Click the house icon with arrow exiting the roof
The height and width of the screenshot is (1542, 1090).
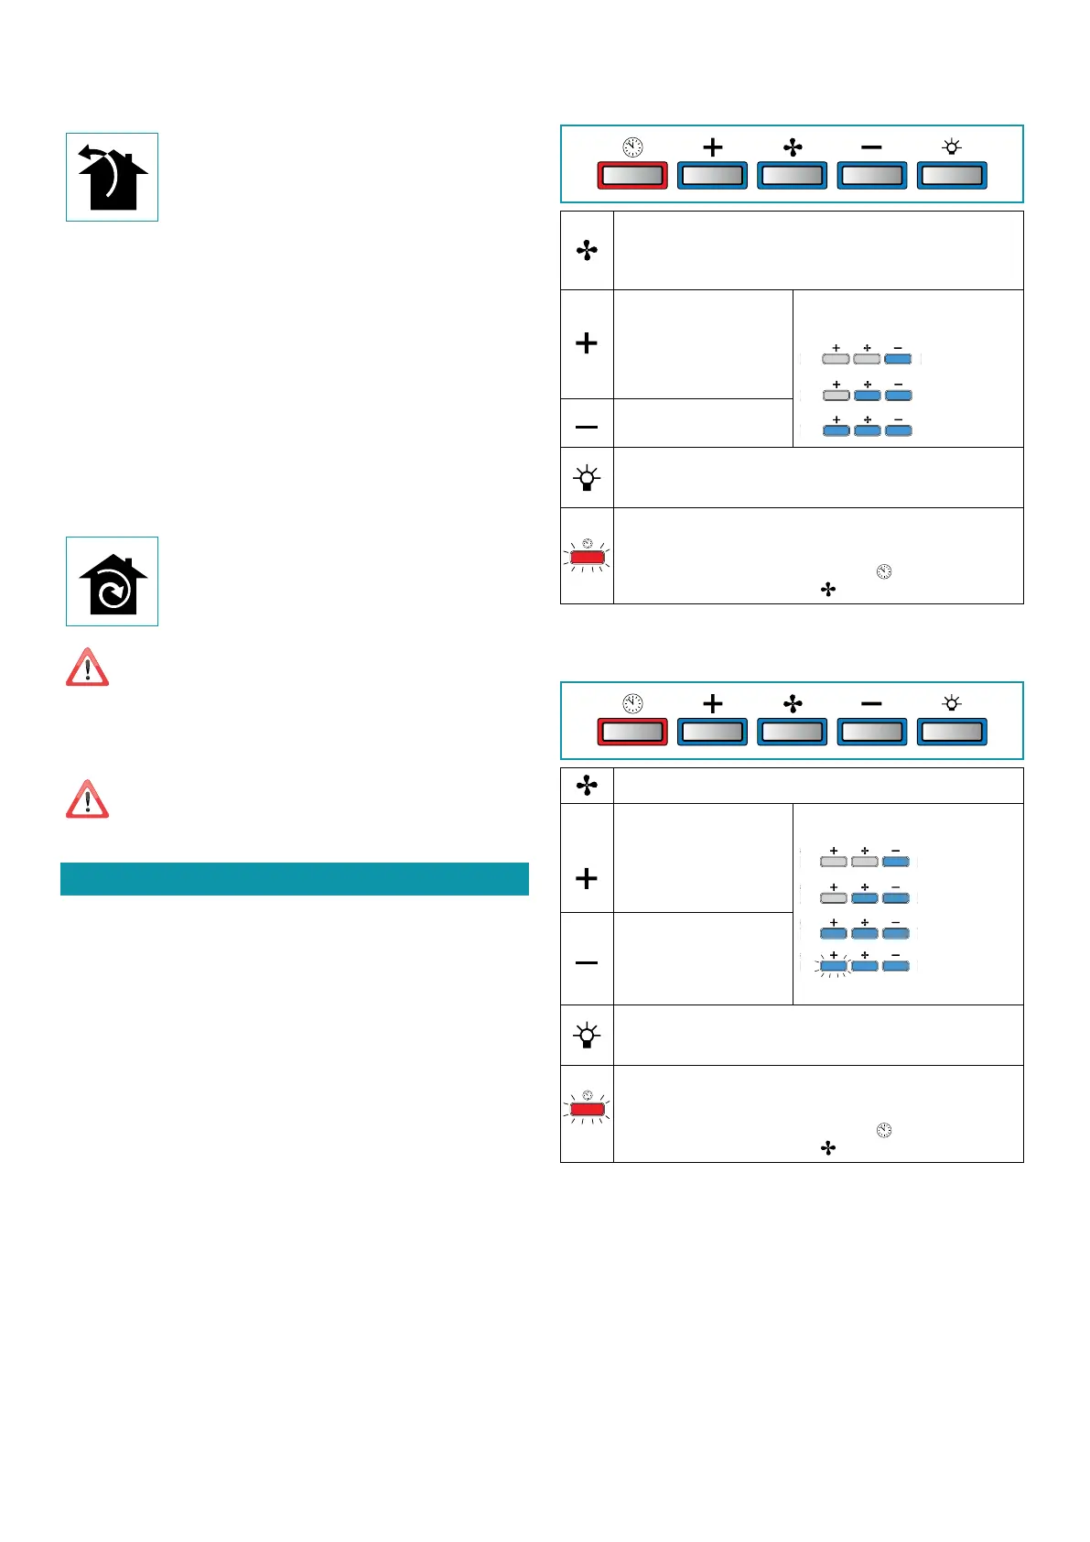click(112, 178)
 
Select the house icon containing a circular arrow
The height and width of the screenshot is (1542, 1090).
click(112, 582)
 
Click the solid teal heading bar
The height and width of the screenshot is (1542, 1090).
click(294, 879)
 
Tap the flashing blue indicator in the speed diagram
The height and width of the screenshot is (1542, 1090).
click(833, 965)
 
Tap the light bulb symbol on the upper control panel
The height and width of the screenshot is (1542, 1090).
click(952, 147)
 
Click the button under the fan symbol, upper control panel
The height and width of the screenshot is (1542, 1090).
click(792, 175)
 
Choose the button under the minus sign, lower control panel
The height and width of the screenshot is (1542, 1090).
click(871, 732)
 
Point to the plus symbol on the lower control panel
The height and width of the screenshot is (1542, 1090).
click(712, 703)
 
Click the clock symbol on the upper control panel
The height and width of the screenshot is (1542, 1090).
click(632, 147)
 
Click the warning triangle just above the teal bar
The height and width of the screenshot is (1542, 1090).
click(87, 799)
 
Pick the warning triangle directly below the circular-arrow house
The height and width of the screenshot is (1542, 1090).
click(87, 668)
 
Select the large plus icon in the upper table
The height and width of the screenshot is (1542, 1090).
click(587, 343)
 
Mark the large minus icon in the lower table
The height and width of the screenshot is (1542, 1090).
click(587, 962)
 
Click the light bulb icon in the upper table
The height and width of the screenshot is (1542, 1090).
click(587, 478)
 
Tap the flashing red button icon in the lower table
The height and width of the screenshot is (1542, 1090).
click(587, 1109)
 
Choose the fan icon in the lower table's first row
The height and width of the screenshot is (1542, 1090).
click(587, 786)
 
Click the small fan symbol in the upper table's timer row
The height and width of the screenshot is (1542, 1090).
click(828, 590)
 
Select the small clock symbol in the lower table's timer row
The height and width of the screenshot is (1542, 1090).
click(883, 1130)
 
